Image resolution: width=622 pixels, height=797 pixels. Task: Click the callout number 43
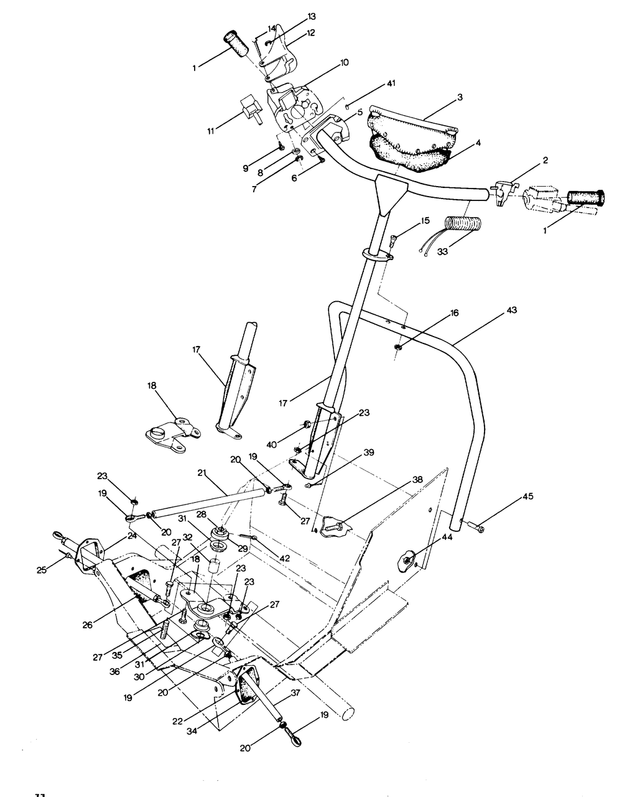point(511,309)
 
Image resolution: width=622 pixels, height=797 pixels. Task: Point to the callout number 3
point(459,97)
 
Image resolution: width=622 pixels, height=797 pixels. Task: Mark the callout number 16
point(455,313)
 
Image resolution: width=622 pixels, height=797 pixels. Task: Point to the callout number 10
point(344,62)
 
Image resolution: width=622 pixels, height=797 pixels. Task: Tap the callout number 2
point(545,160)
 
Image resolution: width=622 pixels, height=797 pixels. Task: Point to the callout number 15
point(425,220)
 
